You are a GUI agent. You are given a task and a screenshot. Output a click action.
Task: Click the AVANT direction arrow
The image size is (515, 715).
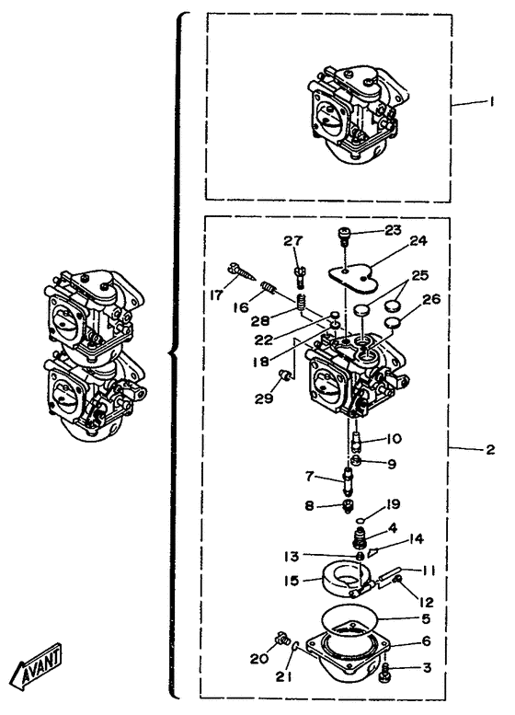36,666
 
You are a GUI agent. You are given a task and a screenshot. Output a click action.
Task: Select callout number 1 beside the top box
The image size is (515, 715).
490,101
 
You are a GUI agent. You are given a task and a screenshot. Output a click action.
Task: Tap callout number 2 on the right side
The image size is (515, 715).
490,450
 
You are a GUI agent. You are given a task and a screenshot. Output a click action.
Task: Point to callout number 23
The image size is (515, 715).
393,230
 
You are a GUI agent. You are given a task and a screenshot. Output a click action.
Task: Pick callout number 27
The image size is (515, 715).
293,241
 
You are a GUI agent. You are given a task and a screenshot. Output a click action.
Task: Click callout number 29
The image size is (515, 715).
264,398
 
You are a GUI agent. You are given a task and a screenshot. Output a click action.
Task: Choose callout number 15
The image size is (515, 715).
292,581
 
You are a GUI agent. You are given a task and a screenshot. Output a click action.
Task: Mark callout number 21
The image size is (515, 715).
283,676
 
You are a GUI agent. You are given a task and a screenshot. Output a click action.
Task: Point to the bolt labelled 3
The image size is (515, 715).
385,673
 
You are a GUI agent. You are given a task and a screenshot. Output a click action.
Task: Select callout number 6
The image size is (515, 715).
426,641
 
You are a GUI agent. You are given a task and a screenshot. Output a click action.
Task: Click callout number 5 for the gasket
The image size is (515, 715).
426,618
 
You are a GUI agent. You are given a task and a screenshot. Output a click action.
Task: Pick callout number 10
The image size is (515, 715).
394,439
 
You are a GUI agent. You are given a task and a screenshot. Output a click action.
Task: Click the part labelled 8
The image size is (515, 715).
349,506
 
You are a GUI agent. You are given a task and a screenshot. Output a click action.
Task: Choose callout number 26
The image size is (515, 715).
431,299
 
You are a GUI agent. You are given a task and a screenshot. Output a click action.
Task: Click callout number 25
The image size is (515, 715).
419,275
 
